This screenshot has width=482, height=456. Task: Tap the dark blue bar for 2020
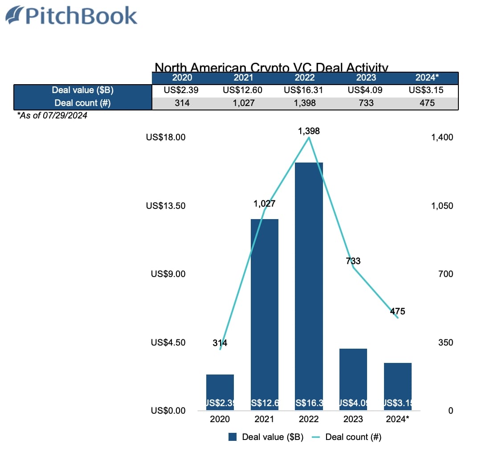coord(220,392)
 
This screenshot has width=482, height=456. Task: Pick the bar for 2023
coord(353,379)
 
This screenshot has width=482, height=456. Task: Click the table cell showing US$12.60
coord(242,90)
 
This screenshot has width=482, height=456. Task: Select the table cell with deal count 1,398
coord(306,103)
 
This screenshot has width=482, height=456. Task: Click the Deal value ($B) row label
coord(83,90)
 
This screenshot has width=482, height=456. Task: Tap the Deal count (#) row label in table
coord(83,103)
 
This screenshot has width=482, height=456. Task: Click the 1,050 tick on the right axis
coord(442,206)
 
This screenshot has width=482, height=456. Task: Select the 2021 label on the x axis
coord(264,419)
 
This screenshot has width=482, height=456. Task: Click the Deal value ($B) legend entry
coord(266,437)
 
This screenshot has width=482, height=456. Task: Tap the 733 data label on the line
coord(353,261)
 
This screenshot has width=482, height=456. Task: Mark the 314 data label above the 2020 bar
coord(220,343)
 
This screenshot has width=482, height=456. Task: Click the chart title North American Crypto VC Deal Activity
coord(271,68)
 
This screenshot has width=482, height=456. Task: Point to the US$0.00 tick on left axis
coord(168,411)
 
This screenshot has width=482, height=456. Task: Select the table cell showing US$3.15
coord(426,90)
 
